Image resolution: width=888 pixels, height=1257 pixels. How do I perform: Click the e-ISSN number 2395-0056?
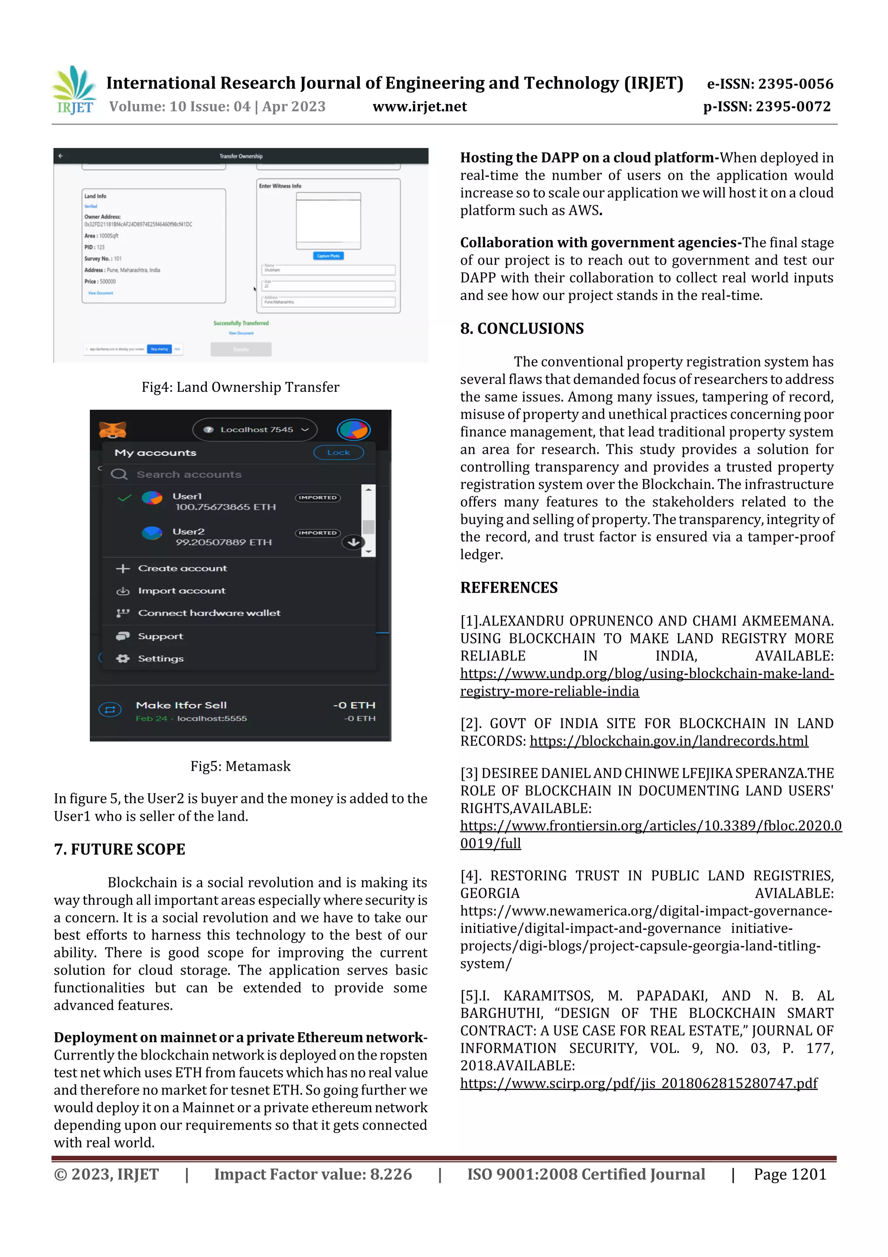coord(770,84)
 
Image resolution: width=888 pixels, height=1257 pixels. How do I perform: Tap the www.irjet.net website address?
coord(420,107)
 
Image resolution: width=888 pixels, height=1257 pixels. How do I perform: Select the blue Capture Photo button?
coord(328,256)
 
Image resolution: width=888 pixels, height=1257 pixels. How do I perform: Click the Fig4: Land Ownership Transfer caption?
coord(240,387)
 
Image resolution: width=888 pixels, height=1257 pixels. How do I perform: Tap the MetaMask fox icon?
coord(113,430)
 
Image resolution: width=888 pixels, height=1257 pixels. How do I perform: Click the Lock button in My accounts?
coord(338,452)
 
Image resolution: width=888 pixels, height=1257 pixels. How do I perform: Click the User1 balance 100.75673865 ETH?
coord(225,507)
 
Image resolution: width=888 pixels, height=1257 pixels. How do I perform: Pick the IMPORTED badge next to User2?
coord(317,533)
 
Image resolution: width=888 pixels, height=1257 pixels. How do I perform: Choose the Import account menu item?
coord(182,591)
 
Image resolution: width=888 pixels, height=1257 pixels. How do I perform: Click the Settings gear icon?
coord(123,659)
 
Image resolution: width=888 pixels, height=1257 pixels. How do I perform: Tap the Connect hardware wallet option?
coord(209,613)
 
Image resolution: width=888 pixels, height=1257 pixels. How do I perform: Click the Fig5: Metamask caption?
coord(240,766)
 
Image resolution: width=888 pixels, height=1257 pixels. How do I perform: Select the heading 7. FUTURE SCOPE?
coord(119,849)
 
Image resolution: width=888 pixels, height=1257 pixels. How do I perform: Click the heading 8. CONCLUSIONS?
coord(522,328)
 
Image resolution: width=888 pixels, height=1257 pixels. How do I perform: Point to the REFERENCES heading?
coord(509,587)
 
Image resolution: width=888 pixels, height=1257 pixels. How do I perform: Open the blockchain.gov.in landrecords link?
coord(669,741)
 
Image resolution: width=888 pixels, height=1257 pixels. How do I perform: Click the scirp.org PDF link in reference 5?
coord(639,1083)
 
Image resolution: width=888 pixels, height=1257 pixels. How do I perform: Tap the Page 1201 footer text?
coord(790,1174)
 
